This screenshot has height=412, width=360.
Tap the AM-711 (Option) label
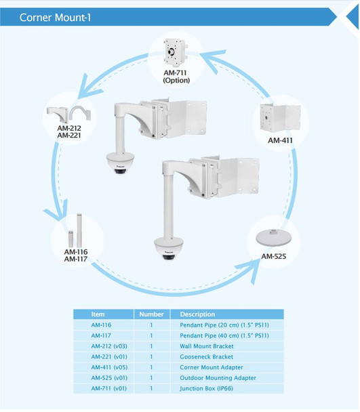click(x=176, y=76)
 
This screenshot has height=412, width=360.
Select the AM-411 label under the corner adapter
click(x=281, y=141)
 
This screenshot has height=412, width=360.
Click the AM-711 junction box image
click(x=176, y=51)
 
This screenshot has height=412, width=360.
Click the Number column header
click(x=151, y=314)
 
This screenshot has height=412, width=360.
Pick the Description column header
click(x=197, y=314)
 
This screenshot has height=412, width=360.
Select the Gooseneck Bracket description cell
click(x=206, y=356)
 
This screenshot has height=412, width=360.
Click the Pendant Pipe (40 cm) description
click(x=224, y=335)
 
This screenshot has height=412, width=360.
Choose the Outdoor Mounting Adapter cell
click(x=218, y=377)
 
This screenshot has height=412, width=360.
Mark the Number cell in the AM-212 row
click(x=151, y=346)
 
